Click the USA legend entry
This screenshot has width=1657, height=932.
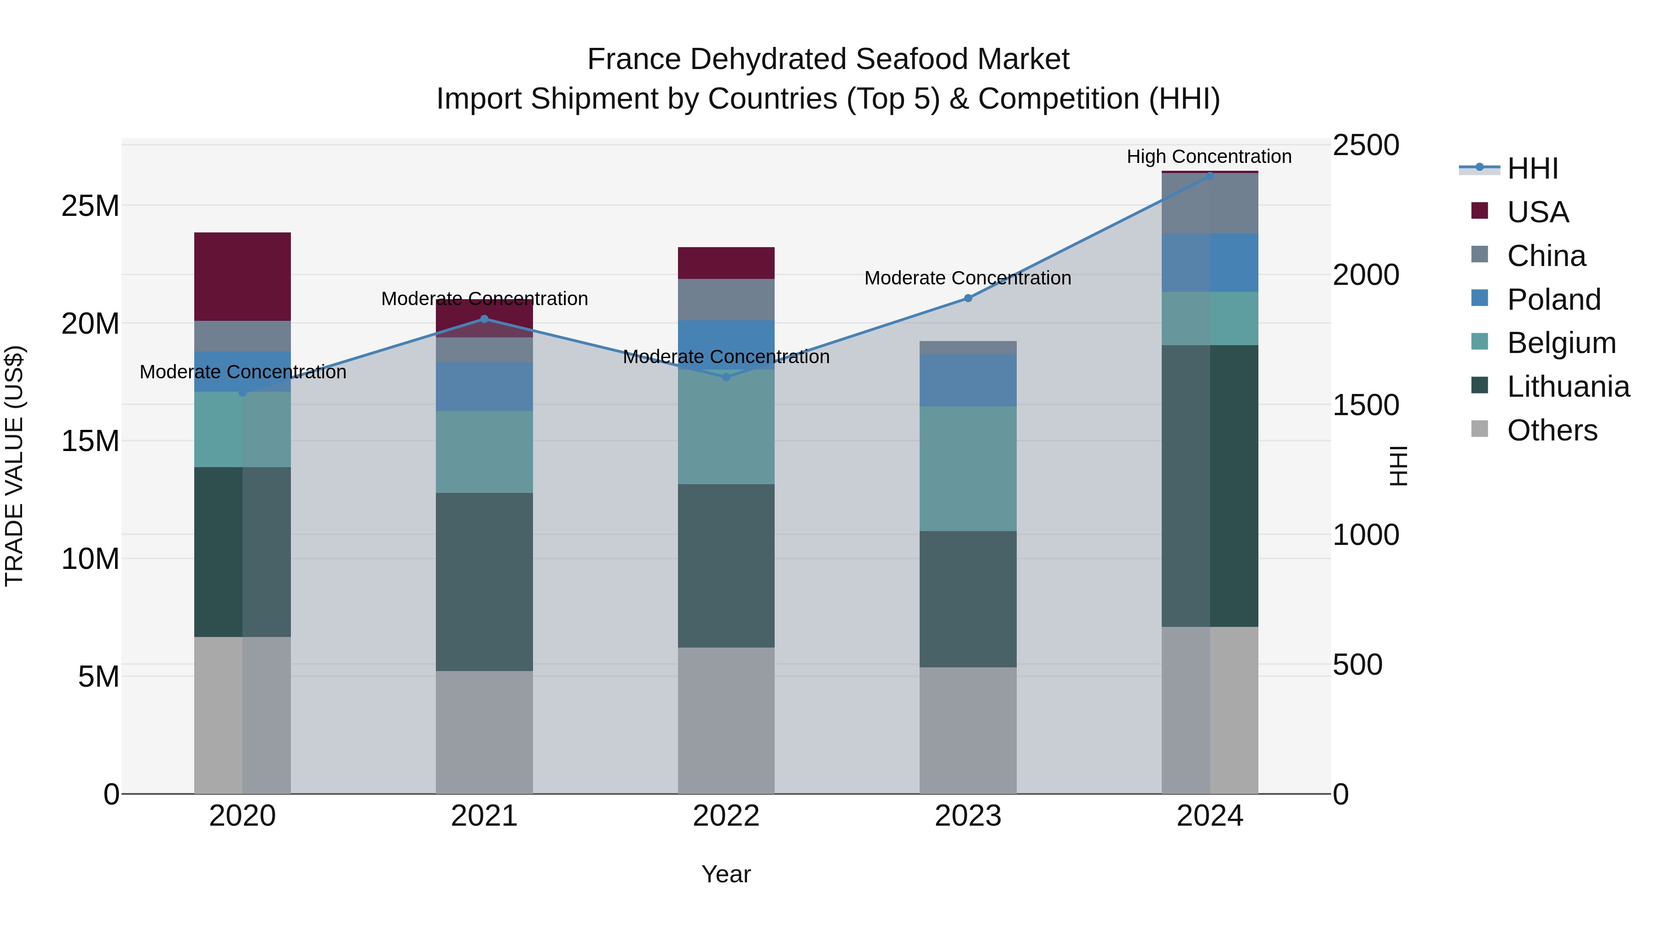[1537, 212]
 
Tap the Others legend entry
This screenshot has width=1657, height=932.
[1552, 430]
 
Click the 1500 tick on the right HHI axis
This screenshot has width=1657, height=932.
[1365, 405]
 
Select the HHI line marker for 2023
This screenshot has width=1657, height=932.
[968, 298]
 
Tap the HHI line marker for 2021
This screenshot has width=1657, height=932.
[484, 319]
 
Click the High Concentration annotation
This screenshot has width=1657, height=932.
[1209, 156]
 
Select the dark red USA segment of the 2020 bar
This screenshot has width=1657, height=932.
[243, 277]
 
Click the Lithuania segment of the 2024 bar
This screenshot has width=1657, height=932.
[1209, 486]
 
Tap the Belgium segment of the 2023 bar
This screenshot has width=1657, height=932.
[968, 468]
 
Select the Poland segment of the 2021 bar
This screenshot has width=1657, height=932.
[484, 387]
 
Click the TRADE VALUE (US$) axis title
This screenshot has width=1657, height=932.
[14, 466]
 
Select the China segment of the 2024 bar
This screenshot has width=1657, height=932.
[1209, 203]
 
